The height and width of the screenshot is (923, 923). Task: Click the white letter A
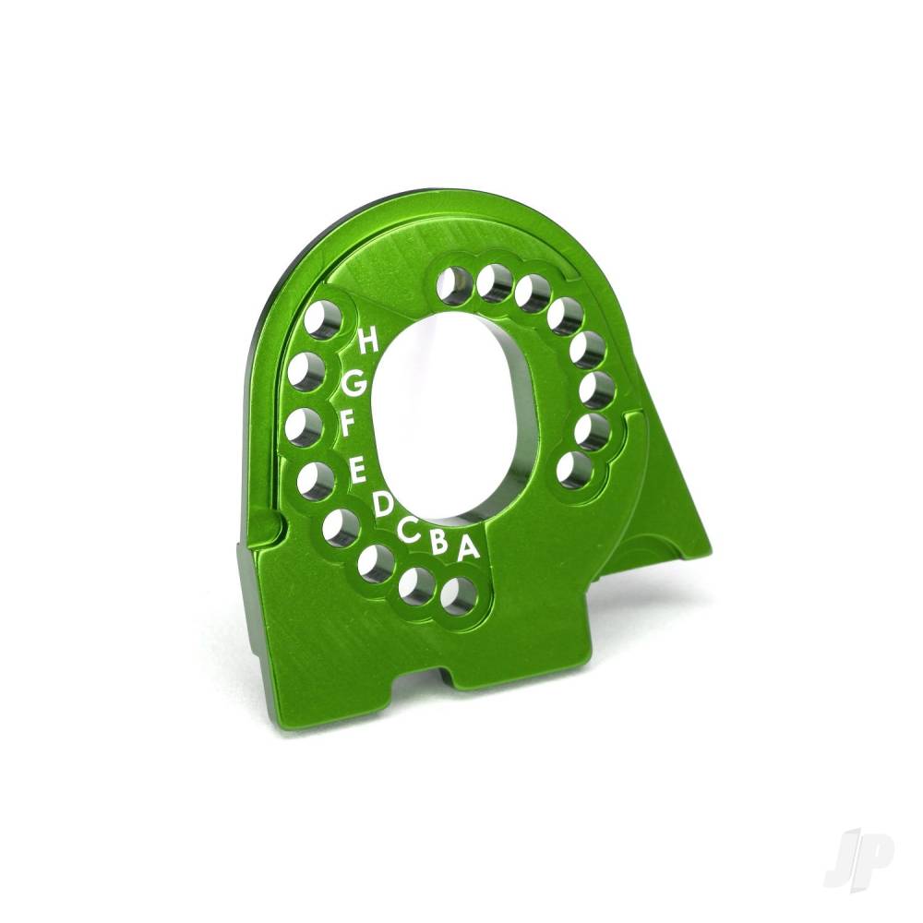coord(468,548)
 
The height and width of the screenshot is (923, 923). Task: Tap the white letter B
coord(440,543)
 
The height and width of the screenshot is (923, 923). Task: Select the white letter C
coord(409,529)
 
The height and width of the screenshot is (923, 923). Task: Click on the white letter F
coord(348,424)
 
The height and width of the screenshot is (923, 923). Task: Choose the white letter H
coord(367,342)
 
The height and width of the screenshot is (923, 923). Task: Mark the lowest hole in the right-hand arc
coord(572,471)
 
